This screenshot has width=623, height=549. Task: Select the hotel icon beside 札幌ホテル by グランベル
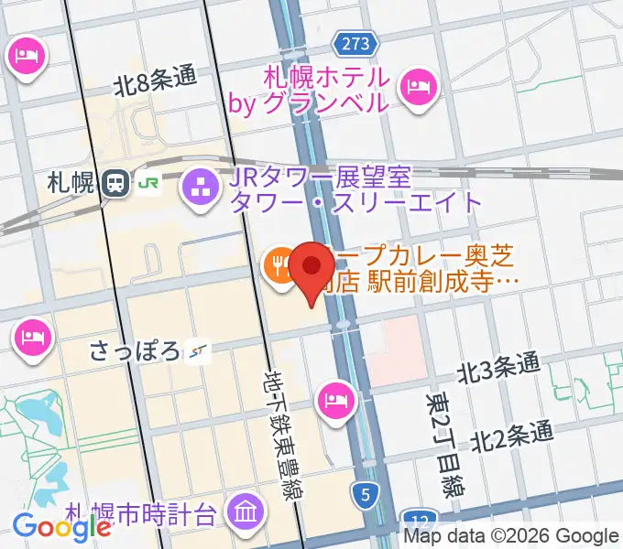(x=421, y=87)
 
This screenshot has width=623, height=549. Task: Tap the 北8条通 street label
(x=156, y=81)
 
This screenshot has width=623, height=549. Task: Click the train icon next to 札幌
(x=115, y=182)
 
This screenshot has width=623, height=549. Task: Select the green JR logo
(x=148, y=182)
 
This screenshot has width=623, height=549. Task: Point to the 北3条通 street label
(x=498, y=368)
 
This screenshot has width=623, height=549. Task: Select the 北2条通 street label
(x=513, y=435)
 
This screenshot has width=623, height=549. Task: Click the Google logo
(x=61, y=526)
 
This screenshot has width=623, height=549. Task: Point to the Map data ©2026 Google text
(x=510, y=536)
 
